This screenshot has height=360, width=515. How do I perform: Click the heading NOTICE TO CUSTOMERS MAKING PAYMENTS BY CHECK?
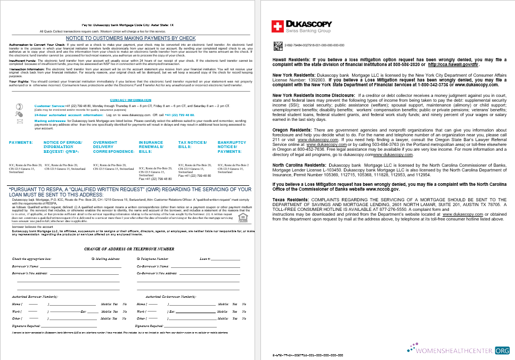coord(130,38)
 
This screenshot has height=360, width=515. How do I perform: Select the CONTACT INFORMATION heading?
coord(130,100)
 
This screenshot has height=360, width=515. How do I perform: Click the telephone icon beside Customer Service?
coord(20,107)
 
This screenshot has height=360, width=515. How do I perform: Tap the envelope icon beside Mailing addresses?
coord(20,121)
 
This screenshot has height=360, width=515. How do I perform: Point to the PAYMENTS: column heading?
coord(21,143)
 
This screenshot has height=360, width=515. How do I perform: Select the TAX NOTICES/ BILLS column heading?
coord(192,145)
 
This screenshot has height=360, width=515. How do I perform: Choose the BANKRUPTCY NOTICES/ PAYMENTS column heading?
coord(232,147)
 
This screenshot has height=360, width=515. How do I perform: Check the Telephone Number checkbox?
coord(138,259)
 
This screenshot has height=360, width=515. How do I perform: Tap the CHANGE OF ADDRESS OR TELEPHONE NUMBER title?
coord(129,249)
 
